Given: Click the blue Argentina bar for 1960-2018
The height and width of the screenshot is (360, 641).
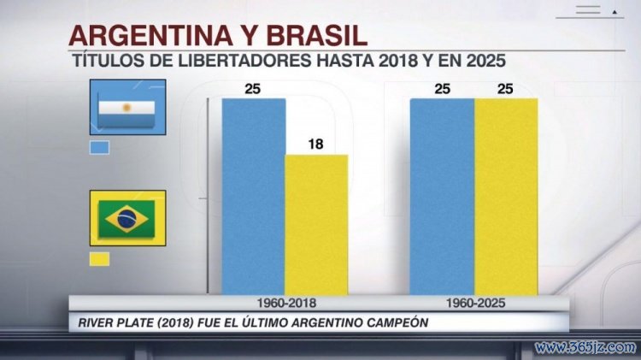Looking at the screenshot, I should tap(253, 197).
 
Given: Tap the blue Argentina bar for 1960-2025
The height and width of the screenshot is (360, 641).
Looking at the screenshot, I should tap(442, 197).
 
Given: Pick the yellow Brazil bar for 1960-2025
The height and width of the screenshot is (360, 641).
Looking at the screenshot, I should tap(506, 197).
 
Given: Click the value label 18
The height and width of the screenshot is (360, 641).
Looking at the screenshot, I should tap(316, 145).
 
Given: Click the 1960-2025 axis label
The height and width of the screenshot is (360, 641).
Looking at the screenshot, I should tap(474, 304).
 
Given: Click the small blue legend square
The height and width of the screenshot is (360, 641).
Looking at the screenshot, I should tap(100, 146).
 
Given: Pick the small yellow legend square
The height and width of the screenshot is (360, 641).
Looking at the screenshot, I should tap(100, 258).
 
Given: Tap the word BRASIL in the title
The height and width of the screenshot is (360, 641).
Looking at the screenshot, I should tap(315, 37).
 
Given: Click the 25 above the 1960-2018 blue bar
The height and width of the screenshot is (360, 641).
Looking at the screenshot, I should tap(253, 89).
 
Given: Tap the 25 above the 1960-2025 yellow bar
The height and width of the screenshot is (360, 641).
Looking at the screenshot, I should tap(506, 89).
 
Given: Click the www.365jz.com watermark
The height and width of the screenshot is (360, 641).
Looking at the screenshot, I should tap(585, 347).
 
